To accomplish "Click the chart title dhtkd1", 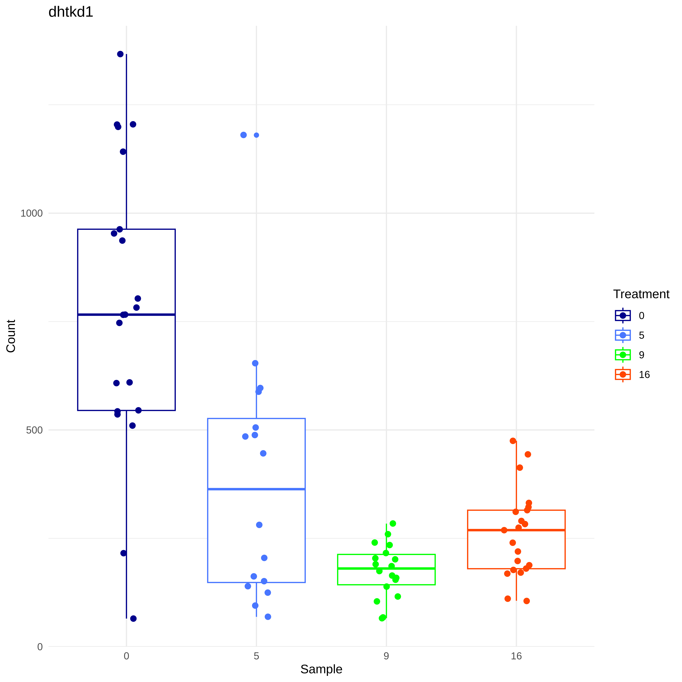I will pos(71,12).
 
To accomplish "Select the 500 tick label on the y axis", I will pos(34,430).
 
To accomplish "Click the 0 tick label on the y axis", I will pos(40,647).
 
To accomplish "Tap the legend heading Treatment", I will pos(641,294).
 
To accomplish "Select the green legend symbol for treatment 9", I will pos(623,355).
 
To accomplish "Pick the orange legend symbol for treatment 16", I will pos(623,375).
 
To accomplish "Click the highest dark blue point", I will pos(120,54).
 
